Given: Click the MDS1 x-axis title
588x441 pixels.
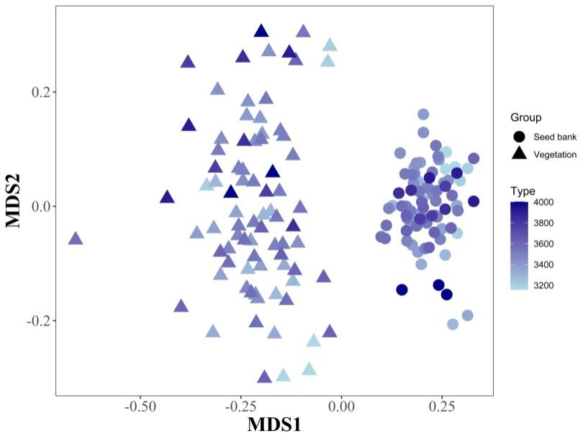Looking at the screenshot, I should [x=274, y=424].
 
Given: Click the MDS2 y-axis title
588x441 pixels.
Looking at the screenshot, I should [x=14, y=200].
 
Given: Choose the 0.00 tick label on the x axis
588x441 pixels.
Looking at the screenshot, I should [x=341, y=406].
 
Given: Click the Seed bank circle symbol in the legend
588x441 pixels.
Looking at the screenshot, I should [x=519, y=137].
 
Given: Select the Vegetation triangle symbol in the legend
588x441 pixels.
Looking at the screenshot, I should [x=519, y=153].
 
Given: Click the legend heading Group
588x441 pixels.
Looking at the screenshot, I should [x=525, y=117].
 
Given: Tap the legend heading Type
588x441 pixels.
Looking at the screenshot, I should [x=523, y=191].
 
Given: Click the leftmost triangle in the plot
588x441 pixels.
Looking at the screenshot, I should [x=75, y=239].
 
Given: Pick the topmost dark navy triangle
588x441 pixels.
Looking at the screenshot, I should [x=261, y=30].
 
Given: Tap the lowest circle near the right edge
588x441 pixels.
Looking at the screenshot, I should [x=453, y=324].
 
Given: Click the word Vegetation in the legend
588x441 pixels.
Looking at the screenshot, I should [x=555, y=154].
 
